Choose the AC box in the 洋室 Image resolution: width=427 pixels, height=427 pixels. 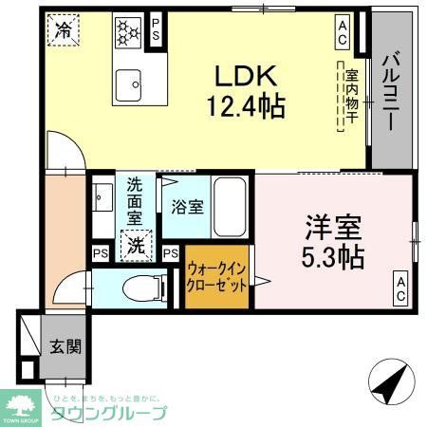[401, 288]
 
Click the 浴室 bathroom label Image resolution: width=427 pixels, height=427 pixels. [186, 206]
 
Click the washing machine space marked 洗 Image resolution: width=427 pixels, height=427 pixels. [135, 246]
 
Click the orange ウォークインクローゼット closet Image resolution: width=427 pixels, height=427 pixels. [218, 279]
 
